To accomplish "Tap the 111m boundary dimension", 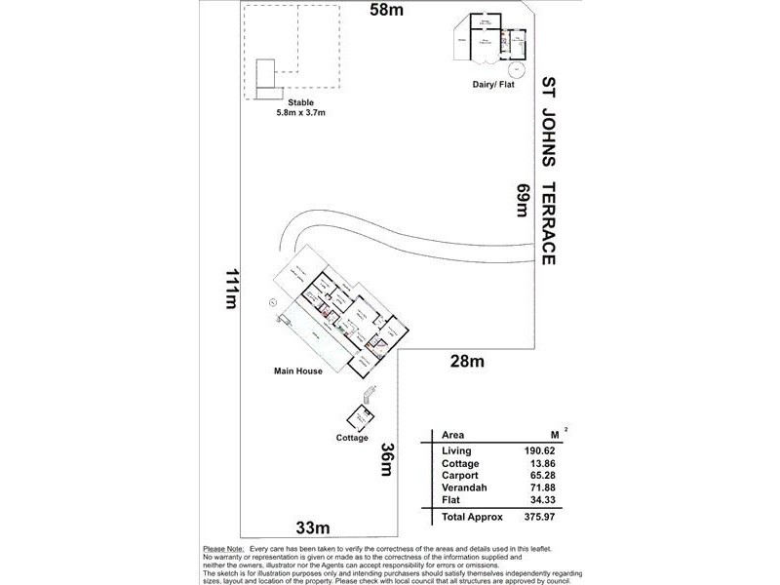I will point(232,288).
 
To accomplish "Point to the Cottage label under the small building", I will point(352,438).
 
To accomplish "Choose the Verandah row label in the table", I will point(463,488).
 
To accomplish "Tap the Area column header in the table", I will point(453,435).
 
